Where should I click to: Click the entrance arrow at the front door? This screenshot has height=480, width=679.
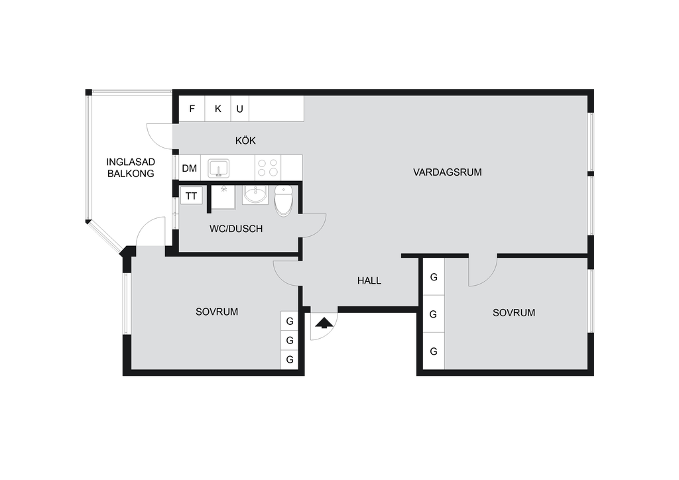[x=324, y=324]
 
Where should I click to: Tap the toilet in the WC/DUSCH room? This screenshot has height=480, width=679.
[x=284, y=200]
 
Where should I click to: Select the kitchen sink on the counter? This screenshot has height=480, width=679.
[x=219, y=168]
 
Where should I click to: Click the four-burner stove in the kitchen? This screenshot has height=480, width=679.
[x=268, y=168]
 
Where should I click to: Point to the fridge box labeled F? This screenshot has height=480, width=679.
[x=192, y=108]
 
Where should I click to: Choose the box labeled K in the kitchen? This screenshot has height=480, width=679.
[x=217, y=108]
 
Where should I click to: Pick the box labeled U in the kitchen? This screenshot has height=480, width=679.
[x=240, y=108]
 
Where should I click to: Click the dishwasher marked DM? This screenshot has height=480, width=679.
[x=190, y=168]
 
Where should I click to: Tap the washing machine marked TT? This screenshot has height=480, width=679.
[x=192, y=196]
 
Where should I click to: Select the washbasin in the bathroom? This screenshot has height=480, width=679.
[x=255, y=194]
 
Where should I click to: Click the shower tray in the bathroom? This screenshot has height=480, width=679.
[x=223, y=198]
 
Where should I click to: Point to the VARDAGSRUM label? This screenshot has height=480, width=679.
[x=448, y=172]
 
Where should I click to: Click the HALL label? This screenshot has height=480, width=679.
[x=369, y=280]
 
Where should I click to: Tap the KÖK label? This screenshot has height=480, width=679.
[x=245, y=141]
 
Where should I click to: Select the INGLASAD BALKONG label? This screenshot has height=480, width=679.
[x=131, y=168]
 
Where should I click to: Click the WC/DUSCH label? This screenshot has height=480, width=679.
[x=236, y=229]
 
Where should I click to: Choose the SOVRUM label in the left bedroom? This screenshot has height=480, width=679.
[x=217, y=312]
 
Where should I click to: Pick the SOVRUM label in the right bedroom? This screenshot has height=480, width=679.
[x=514, y=312]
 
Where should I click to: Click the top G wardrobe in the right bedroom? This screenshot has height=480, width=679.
[x=434, y=276]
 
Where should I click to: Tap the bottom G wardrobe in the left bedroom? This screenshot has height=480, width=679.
[x=290, y=359]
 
